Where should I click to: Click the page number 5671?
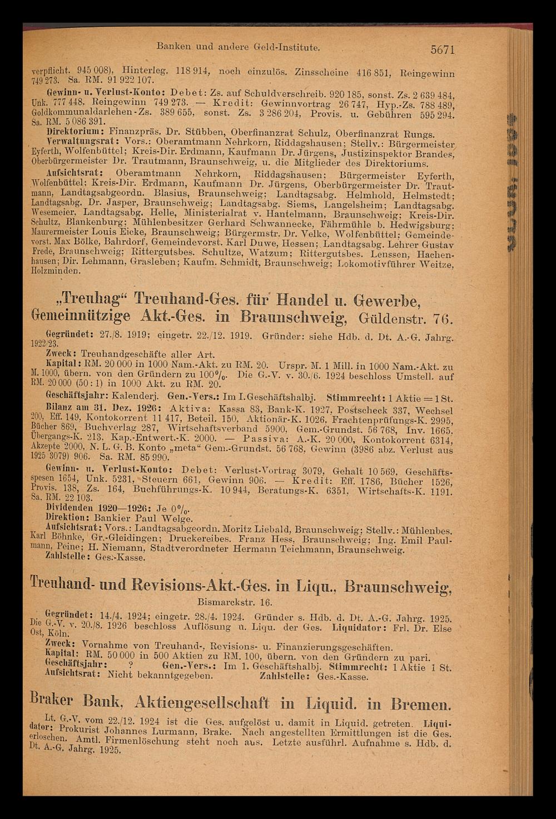(443, 50)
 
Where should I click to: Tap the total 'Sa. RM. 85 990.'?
(133, 457)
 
